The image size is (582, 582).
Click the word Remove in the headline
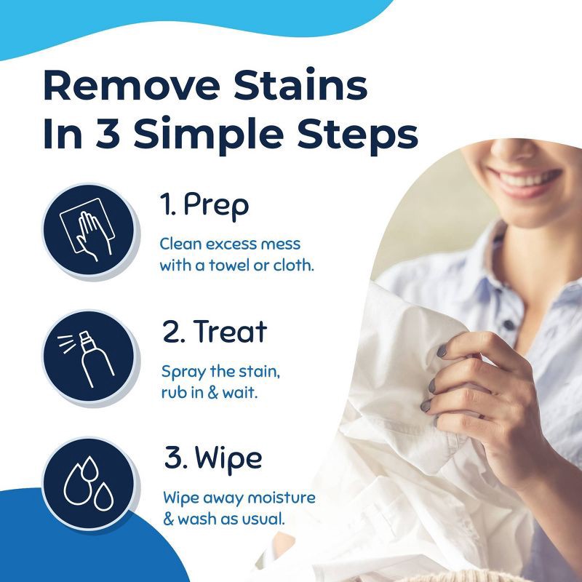tap(132, 84)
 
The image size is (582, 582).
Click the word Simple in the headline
tap(209, 135)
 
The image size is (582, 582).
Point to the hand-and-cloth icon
tap(88, 230)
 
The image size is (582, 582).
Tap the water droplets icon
tap(88, 483)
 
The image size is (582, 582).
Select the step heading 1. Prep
tap(204, 206)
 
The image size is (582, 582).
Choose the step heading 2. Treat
tap(215, 332)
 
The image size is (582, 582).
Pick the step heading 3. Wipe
tap(213, 459)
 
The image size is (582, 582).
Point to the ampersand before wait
tap(212, 393)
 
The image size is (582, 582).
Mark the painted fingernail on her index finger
tap(442, 351)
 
